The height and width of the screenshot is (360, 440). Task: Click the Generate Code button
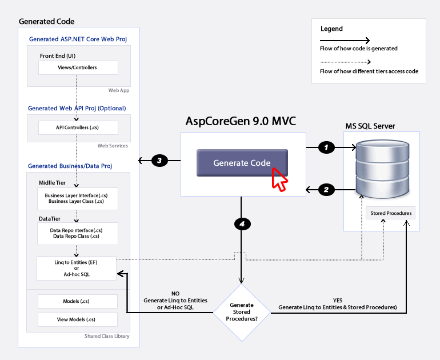tap(242, 163)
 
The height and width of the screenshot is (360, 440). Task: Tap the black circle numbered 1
tap(326, 147)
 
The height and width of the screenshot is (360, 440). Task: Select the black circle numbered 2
tap(326, 190)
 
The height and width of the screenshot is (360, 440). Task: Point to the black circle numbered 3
tap(159, 161)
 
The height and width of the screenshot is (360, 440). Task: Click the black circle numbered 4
tap(242, 224)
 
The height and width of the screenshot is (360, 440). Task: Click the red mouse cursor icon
tap(279, 179)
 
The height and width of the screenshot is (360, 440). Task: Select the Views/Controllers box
tap(78, 67)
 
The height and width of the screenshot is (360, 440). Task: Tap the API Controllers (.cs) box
tap(78, 127)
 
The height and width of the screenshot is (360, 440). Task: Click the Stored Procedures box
tap(391, 213)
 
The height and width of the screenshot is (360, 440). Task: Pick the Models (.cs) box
tap(78, 301)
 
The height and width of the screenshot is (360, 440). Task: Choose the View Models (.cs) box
tap(78, 319)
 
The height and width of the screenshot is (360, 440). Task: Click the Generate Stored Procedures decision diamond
tap(242, 313)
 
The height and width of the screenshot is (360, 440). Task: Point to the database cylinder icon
tap(382, 169)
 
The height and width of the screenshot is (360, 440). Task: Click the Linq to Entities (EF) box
tap(77, 268)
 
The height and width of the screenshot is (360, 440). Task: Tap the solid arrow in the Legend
tap(345, 41)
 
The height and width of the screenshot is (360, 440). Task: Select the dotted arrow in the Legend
tap(346, 62)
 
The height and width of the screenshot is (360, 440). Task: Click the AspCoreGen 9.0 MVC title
tap(241, 121)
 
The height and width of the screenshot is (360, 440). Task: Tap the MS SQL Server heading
tap(370, 126)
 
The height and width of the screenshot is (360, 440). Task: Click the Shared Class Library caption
tap(107, 336)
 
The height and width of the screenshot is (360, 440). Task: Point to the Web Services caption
tap(113, 146)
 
